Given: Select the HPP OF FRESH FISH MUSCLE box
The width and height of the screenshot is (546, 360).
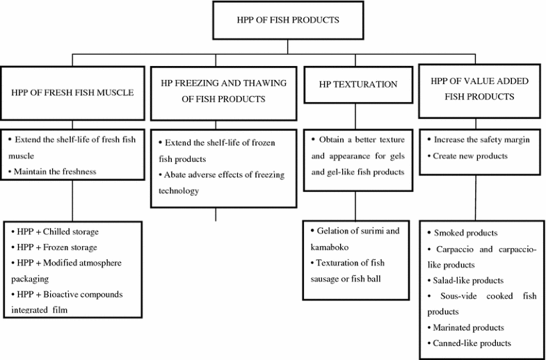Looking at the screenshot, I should point(72,92).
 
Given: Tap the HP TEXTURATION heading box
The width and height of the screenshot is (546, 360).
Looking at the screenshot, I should point(358,84).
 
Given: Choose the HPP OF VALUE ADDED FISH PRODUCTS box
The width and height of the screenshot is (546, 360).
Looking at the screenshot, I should point(479,89).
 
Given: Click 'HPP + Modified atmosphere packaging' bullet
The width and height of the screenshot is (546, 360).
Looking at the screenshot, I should point(66,270).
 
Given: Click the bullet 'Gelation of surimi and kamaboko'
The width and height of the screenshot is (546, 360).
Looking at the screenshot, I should point(355,237).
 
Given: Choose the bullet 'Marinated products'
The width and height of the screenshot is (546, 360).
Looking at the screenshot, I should point(468,327).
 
